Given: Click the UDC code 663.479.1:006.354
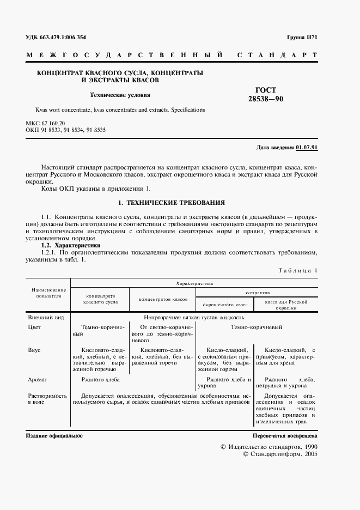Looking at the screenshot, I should point(56,38).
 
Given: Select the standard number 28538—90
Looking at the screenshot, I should point(266,99).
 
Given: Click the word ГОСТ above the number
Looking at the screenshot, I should point(266,90).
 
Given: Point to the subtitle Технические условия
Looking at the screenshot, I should point(120,95).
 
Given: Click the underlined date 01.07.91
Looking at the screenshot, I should point(307,148).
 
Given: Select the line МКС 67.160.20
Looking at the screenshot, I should point(46,124).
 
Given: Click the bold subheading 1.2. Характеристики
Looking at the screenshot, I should point(67,245).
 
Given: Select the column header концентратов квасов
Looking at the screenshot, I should point(163,299).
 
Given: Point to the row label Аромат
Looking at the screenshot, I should point(38,379).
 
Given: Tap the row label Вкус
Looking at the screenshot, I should point(34,350).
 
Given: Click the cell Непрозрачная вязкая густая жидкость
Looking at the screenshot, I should point(194,317).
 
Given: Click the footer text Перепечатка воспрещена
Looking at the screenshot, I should point(285,436).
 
